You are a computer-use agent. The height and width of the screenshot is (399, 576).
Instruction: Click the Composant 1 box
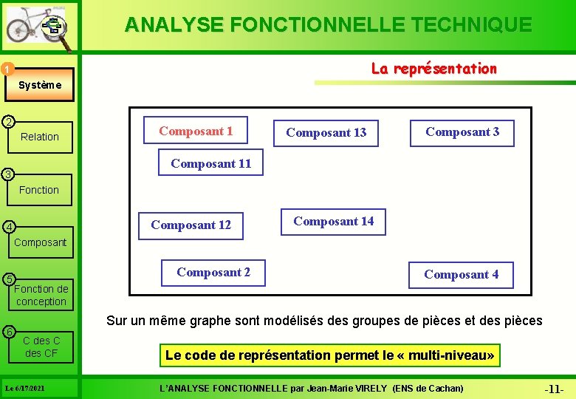coord(196,132)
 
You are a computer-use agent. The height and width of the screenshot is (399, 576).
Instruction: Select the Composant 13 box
coord(326,133)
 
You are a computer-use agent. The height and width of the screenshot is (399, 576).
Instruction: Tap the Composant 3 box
coord(462,132)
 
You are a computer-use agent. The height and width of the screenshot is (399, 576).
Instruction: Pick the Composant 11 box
coord(210,164)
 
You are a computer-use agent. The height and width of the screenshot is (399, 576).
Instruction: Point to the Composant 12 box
coord(191,225)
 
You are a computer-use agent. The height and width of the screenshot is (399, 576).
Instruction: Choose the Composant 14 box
coord(333,221)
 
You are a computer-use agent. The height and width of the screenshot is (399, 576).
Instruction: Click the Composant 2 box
coord(213,273)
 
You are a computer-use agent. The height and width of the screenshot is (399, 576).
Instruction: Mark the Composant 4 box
coord(461,275)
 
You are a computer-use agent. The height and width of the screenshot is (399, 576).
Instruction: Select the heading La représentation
coord(433,69)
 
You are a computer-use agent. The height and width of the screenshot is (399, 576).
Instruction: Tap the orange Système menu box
coord(40,85)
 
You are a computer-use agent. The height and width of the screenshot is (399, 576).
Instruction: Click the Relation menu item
coord(40,137)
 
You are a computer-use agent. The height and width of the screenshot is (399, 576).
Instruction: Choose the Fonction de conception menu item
coord(41,295)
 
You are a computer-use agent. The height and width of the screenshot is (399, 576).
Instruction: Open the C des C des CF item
coord(41,347)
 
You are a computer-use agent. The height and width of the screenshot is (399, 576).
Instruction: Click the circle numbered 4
coord(7,226)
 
